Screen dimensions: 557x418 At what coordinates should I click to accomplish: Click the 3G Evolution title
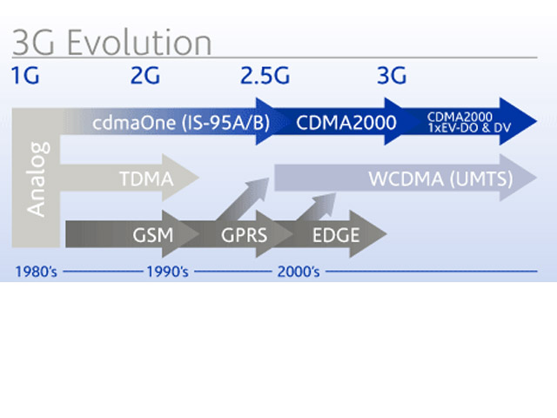pyautogui.click(x=112, y=43)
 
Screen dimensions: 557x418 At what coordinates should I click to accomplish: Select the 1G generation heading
pyautogui.click(x=25, y=76)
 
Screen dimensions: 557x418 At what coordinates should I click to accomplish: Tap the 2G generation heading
pyautogui.click(x=145, y=76)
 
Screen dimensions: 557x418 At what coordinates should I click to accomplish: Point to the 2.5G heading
pyautogui.click(x=265, y=76)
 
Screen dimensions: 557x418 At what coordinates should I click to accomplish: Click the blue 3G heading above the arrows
pyautogui.click(x=392, y=76)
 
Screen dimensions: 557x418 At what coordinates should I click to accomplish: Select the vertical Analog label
pyautogui.click(x=37, y=179)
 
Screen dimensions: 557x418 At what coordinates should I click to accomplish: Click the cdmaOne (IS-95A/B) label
pyautogui.click(x=181, y=123)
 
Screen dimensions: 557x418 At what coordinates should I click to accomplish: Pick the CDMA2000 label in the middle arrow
pyautogui.click(x=346, y=123)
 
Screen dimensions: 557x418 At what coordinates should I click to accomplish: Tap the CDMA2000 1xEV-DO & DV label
pyautogui.click(x=469, y=122)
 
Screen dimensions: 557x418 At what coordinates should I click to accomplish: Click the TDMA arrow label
pyautogui.click(x=146, y=179)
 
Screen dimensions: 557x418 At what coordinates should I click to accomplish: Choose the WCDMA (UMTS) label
pyautogui.click(x=441, y=179)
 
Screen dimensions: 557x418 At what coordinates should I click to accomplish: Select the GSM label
pyautogui.click(x=153, y=235)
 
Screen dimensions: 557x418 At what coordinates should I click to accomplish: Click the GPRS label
pyautogui.click(x=244, y=235)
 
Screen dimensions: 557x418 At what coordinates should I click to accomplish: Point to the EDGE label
pyautogui.click(x=336, y=235)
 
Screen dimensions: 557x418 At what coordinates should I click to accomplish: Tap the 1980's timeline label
pyautogui.click(x=36, y=272)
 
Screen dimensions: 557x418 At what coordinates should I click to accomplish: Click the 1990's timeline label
pyautogui.click(x=168, y=272)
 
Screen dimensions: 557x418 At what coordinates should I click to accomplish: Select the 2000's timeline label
pyautogui.click(x=299, y=272)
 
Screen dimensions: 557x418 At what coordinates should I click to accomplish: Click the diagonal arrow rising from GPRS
pyautogui.click(x=243, y=199)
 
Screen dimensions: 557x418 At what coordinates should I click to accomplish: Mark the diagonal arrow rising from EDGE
pyautogui.click(x=316, y=207)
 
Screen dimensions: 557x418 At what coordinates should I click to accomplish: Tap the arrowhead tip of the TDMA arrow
pyautogui.click(x=199, y=178)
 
